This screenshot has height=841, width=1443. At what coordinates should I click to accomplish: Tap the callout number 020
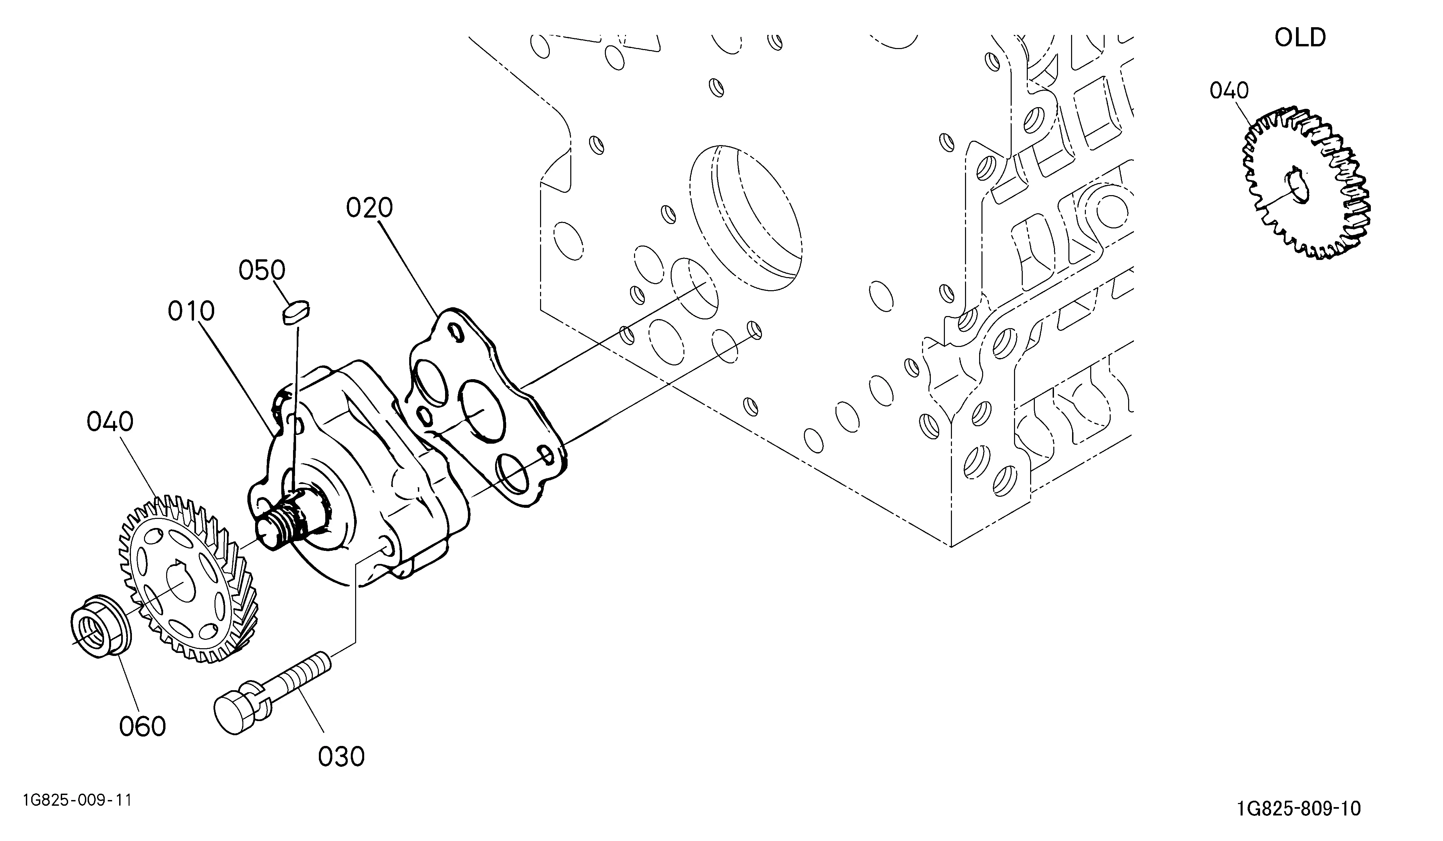click(369, 208)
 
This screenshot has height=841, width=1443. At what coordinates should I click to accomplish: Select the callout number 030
click(341, 757)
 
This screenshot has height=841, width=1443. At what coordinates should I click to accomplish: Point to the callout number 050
click(262, 270)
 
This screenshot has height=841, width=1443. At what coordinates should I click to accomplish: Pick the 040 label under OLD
click(1230, 91)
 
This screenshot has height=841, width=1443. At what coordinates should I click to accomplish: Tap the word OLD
click(1300, 38)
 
